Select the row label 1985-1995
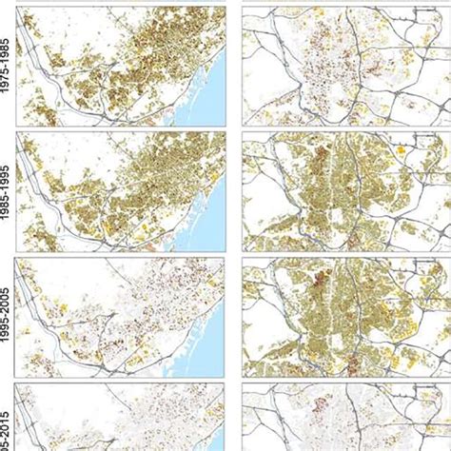click(7, 190)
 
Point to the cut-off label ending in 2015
click(7, 428)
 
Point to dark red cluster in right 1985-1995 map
click(321, 152)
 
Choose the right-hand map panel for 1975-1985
click(345, 65)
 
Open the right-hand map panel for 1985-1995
click(345, 190)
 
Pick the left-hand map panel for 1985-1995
click(119, 190)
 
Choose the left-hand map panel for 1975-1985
click(119, 65)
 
